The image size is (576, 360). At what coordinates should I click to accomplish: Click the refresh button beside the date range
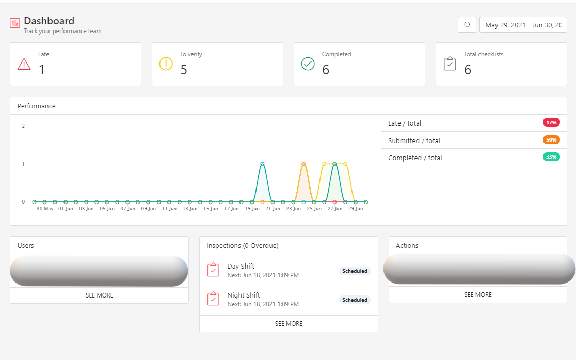pos(467,25)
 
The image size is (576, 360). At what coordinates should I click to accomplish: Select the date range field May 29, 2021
pos(523,25)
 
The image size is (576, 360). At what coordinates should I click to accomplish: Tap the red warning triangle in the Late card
pos(24,64)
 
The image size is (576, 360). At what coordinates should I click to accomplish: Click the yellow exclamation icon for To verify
pos(166,64)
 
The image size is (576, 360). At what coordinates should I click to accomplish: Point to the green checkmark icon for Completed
pos(308,64)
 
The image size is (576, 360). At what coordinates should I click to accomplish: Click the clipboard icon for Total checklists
pos(450,64)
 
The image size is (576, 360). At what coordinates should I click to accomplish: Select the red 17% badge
pos(551,122)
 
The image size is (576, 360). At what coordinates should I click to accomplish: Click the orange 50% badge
pos(551,140)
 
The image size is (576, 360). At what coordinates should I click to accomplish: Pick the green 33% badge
pos(551,157)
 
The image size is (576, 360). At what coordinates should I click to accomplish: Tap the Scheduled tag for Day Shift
pos(355,271)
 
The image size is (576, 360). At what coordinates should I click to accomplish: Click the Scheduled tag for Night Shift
pos(355,300)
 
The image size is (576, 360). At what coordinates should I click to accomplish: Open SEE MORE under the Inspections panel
pos(289,324)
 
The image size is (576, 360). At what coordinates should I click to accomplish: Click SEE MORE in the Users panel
pos(99,295)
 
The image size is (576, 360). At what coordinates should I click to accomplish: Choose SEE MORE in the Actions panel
pos(477,295)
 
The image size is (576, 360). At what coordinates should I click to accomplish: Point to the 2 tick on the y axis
pos(23,126)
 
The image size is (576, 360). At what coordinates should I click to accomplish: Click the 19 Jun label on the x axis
pos(252,209)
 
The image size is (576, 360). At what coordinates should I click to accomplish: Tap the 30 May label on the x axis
pos(45,209)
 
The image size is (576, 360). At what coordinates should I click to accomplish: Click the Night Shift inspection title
pos(243,295)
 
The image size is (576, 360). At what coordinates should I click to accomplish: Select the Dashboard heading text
pos(49,21)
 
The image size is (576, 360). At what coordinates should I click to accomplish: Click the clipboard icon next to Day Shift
pos(213,270)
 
